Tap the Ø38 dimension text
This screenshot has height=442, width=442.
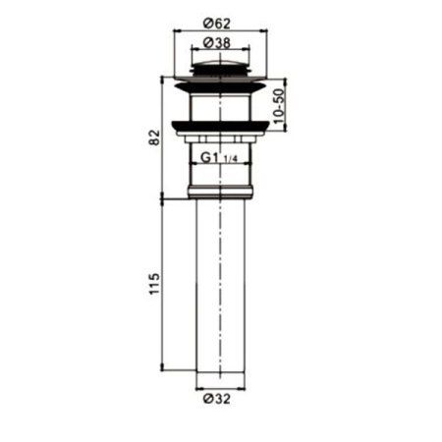pyautogui.click(x=220, y=43)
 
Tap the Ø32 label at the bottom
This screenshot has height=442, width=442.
pyautogui.click(x=220, y=400)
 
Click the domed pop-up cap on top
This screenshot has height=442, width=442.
pyautogui.click(x=220, y=67)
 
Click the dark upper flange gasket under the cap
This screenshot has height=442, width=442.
pyautogui.click(x=220, y=85)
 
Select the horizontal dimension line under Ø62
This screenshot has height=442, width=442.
pyautogui.click(x=220, y=31)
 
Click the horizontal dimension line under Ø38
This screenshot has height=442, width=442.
pyautogui.click(x=220, y=55)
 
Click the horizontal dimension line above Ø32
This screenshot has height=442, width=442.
pyautogui.click(x=220, y=387)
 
